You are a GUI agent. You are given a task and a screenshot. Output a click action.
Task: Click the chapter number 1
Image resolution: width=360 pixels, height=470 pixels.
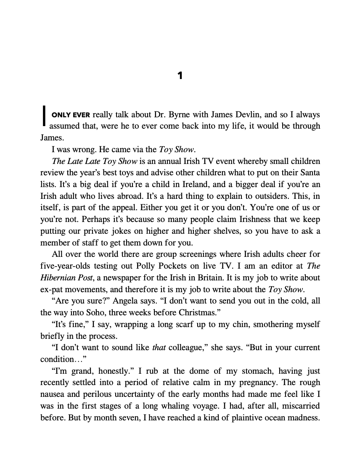point(180,76)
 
